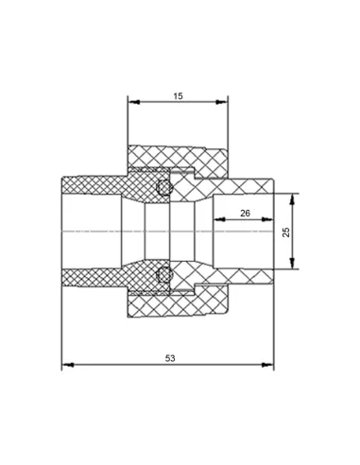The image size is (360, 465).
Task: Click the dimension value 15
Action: click(x=178, y=96)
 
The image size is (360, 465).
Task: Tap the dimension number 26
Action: click(x=245, y=214)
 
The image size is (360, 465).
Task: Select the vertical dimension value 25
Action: click(x=286, y=232)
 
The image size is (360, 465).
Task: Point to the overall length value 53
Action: click(x=170, y=358)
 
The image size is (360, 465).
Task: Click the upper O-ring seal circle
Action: click(x=164, y=187)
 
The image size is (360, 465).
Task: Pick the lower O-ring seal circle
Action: click(x=164, y=274)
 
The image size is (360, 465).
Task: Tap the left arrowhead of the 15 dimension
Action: click(x=134, y=102)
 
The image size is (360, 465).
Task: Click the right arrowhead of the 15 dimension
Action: click(x=222, y=102)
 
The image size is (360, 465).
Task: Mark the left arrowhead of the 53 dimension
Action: click(x=68, y=365)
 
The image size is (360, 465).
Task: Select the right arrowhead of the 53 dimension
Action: click(x=267, y=365)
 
